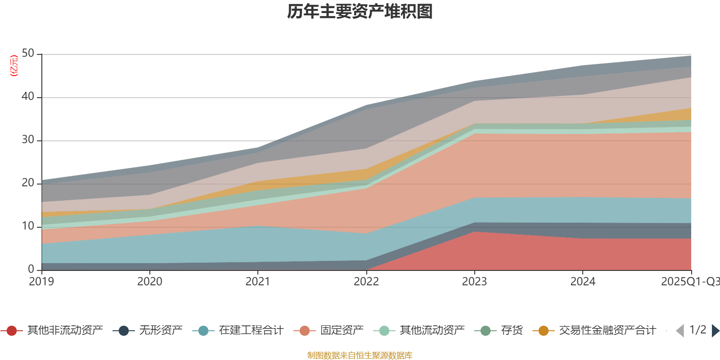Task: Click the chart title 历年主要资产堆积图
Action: [x=360, y=12]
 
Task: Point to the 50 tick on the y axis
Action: [x=28, y=54]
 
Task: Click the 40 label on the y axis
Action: [x=28, y=97]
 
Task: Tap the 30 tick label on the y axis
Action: [x=28, y=140]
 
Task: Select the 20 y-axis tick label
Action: [x=28, y=183]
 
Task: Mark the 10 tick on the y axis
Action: [x=28, y=226]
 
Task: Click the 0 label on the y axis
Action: [x=31, y=270]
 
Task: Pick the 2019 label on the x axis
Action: [x=41, y=282]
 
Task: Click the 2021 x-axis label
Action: [x=258, y=282]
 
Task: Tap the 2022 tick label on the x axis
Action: [x=366, y=282]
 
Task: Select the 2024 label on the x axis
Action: [x=583, y=282]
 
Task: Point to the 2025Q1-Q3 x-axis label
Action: [x=689, y=282]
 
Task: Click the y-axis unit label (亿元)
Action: [x=14, y=66]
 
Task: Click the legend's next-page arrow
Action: [x=715, y=331]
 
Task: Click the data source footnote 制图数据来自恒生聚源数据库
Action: [x=360, y=355]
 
